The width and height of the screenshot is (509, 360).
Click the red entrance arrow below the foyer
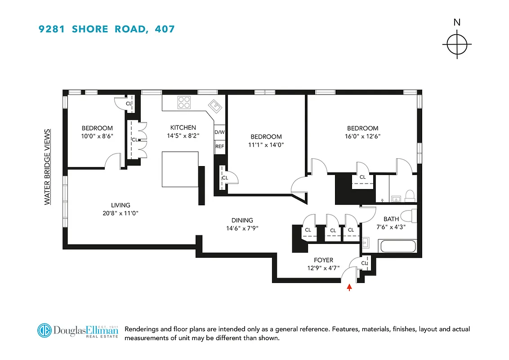click(x=349, y=287)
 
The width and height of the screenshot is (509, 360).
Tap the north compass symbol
click(x=457, y=44)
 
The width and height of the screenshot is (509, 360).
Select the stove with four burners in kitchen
click(x=184, y=103)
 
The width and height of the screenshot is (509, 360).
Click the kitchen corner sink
click(x=214, y=107)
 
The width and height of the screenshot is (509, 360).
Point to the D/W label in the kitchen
click(x=219, y=132)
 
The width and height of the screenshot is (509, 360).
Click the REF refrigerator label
click(x=219, y=146)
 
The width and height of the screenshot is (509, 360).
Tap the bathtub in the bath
click(x=397, y=247)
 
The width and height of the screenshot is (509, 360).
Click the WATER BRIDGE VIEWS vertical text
click(x=47, y=167)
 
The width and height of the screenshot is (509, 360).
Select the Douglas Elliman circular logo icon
click(x=45, y=330)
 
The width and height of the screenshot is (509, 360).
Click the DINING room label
click(x=242, y=220)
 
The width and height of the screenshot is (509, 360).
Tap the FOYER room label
click(x=323, y=260)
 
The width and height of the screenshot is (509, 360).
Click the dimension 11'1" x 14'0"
click(x=266, y=145)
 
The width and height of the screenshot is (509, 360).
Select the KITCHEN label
click(x=183, y=127)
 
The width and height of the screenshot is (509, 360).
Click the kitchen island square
click(x=180, y=169)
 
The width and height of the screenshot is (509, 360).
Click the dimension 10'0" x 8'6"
click(x=97, y=136)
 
